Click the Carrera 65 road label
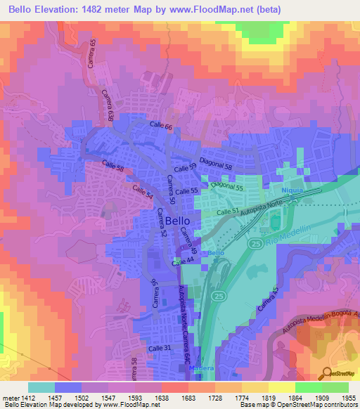pos(94,53)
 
